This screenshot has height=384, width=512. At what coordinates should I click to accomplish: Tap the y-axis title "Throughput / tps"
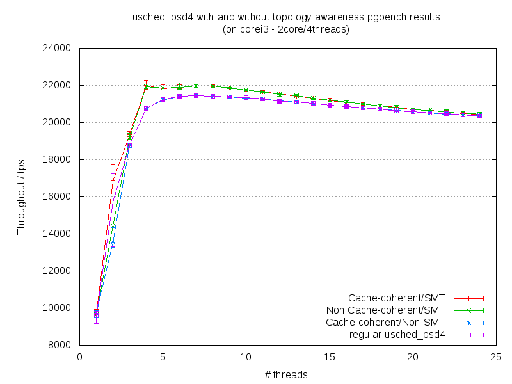(21, 196)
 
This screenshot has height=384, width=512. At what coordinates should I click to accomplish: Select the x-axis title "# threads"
(285, 374)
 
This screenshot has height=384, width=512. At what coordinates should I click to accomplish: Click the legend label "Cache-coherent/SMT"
(396, 298)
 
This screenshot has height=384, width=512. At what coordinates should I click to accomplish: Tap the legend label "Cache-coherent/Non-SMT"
(385, 323)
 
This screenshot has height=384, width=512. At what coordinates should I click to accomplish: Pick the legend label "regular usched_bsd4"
(397, 335)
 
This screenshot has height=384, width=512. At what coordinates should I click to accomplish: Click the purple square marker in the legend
(468, 335)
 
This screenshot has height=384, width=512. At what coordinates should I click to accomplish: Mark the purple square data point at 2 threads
(113, 202)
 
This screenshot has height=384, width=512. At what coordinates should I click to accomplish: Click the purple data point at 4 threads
(146, 109)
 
